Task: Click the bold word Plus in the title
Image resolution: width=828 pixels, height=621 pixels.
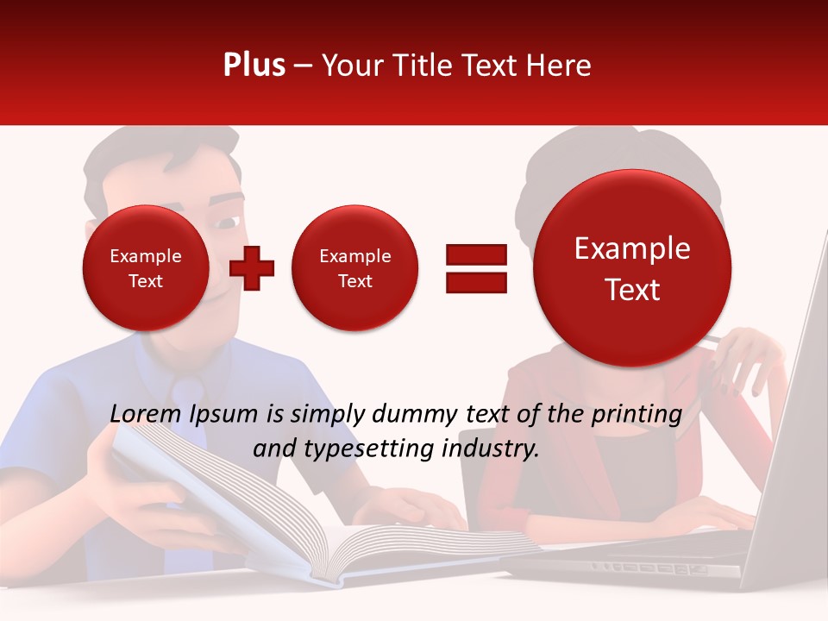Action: pyautogui.click(x=254, y=66)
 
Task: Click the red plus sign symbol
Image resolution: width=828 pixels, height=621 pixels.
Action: pyautogui.click(x=252, y=268)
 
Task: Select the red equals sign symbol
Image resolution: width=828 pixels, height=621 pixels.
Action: pyautogui.click(x=475, y=268)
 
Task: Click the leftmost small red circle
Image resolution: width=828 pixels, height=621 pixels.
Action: pyautogui.click(x=145, y=268)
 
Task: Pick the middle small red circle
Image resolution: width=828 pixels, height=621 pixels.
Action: pyautogui.click(x=354, y=268)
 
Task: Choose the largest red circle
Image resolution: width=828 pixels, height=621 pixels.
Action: pyautogui.click(x=632, y=268)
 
